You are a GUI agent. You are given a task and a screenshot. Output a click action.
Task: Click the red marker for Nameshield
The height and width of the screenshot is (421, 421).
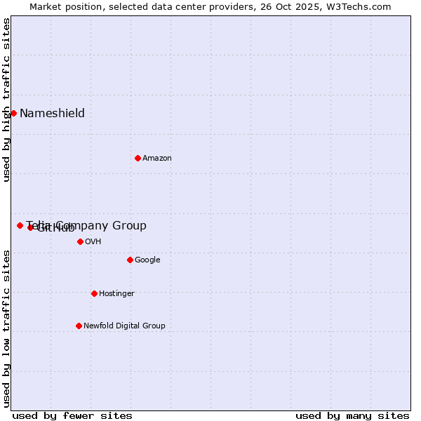13,113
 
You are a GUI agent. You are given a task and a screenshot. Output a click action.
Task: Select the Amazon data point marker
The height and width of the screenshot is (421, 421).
138,158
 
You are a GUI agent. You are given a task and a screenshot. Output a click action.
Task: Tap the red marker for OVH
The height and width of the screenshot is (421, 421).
80,241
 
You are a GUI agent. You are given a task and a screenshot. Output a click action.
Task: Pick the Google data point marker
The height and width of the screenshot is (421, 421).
130,260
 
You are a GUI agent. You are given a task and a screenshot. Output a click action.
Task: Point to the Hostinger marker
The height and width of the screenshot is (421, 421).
94,293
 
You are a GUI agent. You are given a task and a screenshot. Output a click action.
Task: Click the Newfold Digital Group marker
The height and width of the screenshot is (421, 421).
79,326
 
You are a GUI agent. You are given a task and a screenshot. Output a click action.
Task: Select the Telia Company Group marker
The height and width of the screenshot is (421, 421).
20,225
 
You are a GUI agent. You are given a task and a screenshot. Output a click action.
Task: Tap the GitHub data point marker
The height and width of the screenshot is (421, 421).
30,227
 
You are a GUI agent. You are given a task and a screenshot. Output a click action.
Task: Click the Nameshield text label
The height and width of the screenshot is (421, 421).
52,114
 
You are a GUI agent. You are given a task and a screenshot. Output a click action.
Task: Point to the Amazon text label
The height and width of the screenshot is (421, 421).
157,159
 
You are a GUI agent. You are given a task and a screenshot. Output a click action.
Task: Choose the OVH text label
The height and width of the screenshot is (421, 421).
93,242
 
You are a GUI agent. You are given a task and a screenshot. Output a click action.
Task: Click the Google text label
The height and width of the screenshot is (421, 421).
147,260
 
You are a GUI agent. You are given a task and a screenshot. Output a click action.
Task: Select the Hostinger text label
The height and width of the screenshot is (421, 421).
116,294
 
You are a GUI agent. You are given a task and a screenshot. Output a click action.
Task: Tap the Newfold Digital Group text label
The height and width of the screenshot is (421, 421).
124,326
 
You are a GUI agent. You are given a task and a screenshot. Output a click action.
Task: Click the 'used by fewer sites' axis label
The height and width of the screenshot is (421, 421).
72,415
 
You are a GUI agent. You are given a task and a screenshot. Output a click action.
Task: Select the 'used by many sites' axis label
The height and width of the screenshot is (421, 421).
352,415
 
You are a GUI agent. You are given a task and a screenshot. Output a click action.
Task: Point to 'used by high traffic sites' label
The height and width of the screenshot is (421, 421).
7,100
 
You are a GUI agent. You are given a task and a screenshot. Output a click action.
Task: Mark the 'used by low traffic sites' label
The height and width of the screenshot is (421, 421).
7,328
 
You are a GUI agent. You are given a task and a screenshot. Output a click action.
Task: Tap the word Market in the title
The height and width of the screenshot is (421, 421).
46,7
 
